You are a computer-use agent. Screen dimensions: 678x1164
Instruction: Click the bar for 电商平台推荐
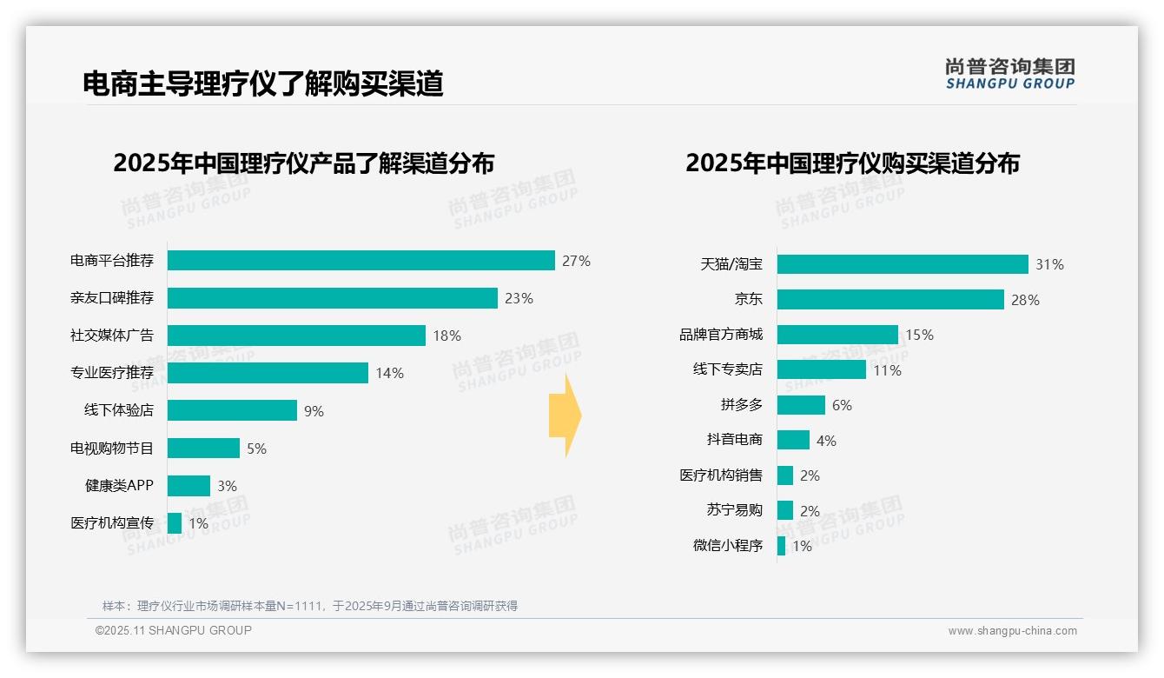[360, 261]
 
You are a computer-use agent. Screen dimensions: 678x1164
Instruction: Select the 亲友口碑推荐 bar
[332, 298]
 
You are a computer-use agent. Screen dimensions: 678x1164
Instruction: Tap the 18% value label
[447, 336]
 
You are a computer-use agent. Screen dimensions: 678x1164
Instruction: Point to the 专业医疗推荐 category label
[112, 373]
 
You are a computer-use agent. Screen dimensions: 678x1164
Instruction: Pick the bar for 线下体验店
[232, 410]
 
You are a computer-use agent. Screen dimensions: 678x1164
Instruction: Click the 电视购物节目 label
[112, 449]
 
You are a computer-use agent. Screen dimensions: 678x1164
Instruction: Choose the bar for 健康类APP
[188, 486]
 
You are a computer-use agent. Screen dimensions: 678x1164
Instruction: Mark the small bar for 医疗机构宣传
[175, 523]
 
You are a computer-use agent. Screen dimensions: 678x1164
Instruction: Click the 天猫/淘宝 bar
[903, 264]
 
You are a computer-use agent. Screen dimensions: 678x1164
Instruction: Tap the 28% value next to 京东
[1025, 300]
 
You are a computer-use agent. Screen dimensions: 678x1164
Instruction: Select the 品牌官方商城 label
[721, 335]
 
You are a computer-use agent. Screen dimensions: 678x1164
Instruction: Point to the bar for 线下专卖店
[821, 369]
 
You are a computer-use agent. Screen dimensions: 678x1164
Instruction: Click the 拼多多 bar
[801, 405]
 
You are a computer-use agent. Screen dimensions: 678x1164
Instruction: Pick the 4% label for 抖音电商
[826, 441]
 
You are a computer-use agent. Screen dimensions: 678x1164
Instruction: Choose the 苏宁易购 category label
[734, 511]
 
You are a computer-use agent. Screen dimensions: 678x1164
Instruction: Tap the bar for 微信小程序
[781, 546]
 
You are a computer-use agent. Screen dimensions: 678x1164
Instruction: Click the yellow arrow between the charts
[565, 415]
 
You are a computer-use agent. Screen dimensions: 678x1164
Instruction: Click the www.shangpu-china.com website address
[1012, 631]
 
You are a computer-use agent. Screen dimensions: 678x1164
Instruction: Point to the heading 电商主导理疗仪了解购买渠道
[263, 83]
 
